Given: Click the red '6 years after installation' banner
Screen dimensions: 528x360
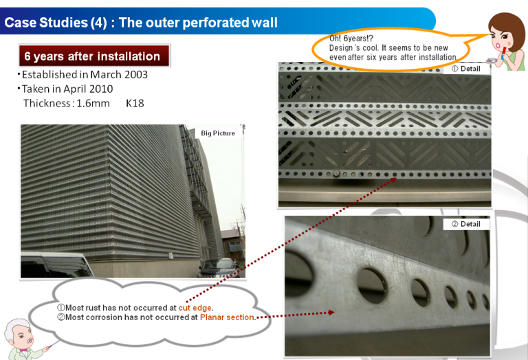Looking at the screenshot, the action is coord(94,56).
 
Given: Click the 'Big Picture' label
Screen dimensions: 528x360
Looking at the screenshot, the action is coord(218,133).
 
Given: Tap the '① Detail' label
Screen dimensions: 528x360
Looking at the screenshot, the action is coord(466,69).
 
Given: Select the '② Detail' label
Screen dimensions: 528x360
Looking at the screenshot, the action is coord(466,224).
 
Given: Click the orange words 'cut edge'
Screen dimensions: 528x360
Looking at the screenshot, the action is coord(195,308).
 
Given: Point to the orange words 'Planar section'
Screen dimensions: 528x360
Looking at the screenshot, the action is coord(227,317).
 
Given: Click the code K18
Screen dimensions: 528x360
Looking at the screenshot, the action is coord(135,103).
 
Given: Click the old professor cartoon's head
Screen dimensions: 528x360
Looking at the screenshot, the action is coord(19,334).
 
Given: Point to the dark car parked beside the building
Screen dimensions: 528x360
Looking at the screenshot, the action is coord(219,268).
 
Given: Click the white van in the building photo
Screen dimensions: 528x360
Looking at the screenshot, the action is coord(56,265).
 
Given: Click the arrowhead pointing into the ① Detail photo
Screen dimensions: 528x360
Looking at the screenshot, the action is coord(393,180).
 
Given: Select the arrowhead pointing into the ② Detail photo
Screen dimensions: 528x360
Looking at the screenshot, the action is coord(331,313).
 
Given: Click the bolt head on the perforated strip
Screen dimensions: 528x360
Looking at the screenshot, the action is coord(336,174).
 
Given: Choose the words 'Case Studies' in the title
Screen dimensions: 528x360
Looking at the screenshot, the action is coord(46,23).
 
